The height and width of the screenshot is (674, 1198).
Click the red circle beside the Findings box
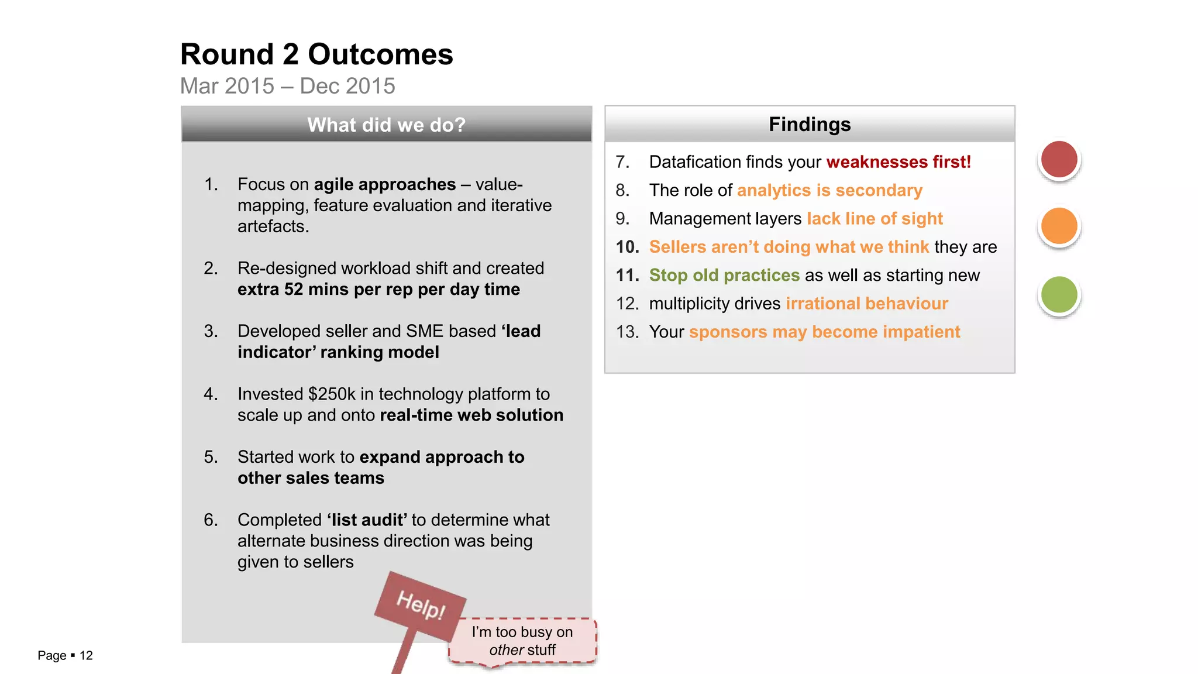[x=1059, y=159]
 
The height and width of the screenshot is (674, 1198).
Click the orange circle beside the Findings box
[x=1059, y=226]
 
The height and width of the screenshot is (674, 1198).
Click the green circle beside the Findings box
[x=1059, y=294]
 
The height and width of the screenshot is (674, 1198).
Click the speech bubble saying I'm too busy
[x=522, y=641]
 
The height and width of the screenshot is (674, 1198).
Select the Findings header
[x=810, y=124]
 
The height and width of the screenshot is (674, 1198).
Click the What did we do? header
[x=386, y=125]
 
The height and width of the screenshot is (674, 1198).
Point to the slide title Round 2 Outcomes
[x=316, y=54]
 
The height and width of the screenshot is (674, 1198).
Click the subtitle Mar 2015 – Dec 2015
[x=287, y=86]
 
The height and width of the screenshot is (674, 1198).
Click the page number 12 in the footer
[x=86, y=655]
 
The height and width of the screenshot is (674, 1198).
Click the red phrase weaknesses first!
[x=898, y=162]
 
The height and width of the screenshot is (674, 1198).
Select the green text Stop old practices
[x=724, y=275]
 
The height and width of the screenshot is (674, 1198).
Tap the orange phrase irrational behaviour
[x=866, y=304]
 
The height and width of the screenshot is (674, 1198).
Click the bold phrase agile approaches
[x=384, y=185]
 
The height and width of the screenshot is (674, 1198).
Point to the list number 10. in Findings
[x=627, y=247]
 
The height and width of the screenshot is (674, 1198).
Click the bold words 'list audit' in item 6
[x=367, y=520]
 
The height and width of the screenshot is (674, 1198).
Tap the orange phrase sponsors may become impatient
[x=824, y=332]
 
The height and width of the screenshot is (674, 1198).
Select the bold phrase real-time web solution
[x=471, y=415]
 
